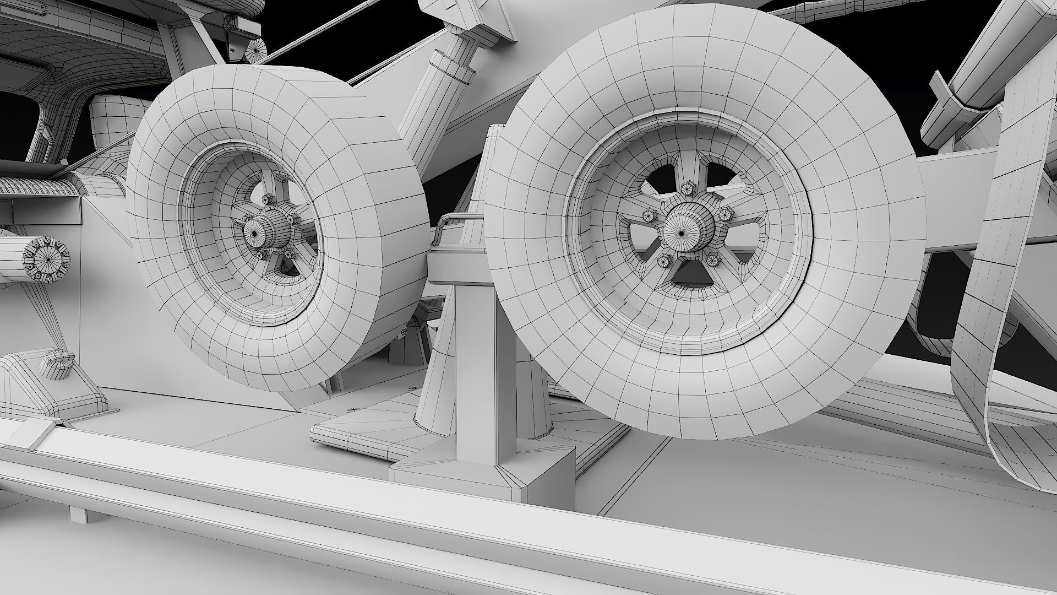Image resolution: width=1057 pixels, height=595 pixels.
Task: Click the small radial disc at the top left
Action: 254,53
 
